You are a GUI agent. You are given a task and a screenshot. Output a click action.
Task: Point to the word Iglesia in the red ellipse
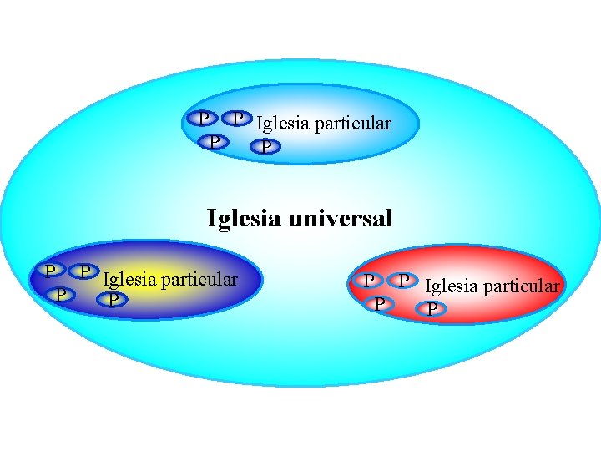[x=451, y=286]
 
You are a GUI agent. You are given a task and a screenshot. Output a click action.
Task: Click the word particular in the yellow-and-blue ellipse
[x=198, y=279]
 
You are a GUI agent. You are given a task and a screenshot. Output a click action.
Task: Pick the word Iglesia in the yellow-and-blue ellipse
[x=129, y=279]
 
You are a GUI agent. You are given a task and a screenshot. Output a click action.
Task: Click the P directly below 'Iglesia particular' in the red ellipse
[x=432, y=310]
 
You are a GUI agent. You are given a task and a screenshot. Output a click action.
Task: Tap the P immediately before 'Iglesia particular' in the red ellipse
[x=405, y=280]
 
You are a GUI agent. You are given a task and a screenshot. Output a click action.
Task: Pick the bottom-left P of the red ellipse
[x=380, y=302]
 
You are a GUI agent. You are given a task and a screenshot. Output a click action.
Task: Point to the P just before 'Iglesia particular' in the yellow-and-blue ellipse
[x=84, y=271]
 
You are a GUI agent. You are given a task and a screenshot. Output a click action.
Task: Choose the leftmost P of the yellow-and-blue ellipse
[x=50, y=271]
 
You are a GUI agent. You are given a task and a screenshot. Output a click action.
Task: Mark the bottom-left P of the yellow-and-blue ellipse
[x=60, y=293]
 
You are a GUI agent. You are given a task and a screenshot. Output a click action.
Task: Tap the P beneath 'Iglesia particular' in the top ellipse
[x=265, y=147]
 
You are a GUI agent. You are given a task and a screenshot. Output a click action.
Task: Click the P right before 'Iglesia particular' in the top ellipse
[x=239, y=119]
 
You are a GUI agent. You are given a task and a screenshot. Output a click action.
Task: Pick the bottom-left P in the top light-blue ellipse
[x=215, y=140]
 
